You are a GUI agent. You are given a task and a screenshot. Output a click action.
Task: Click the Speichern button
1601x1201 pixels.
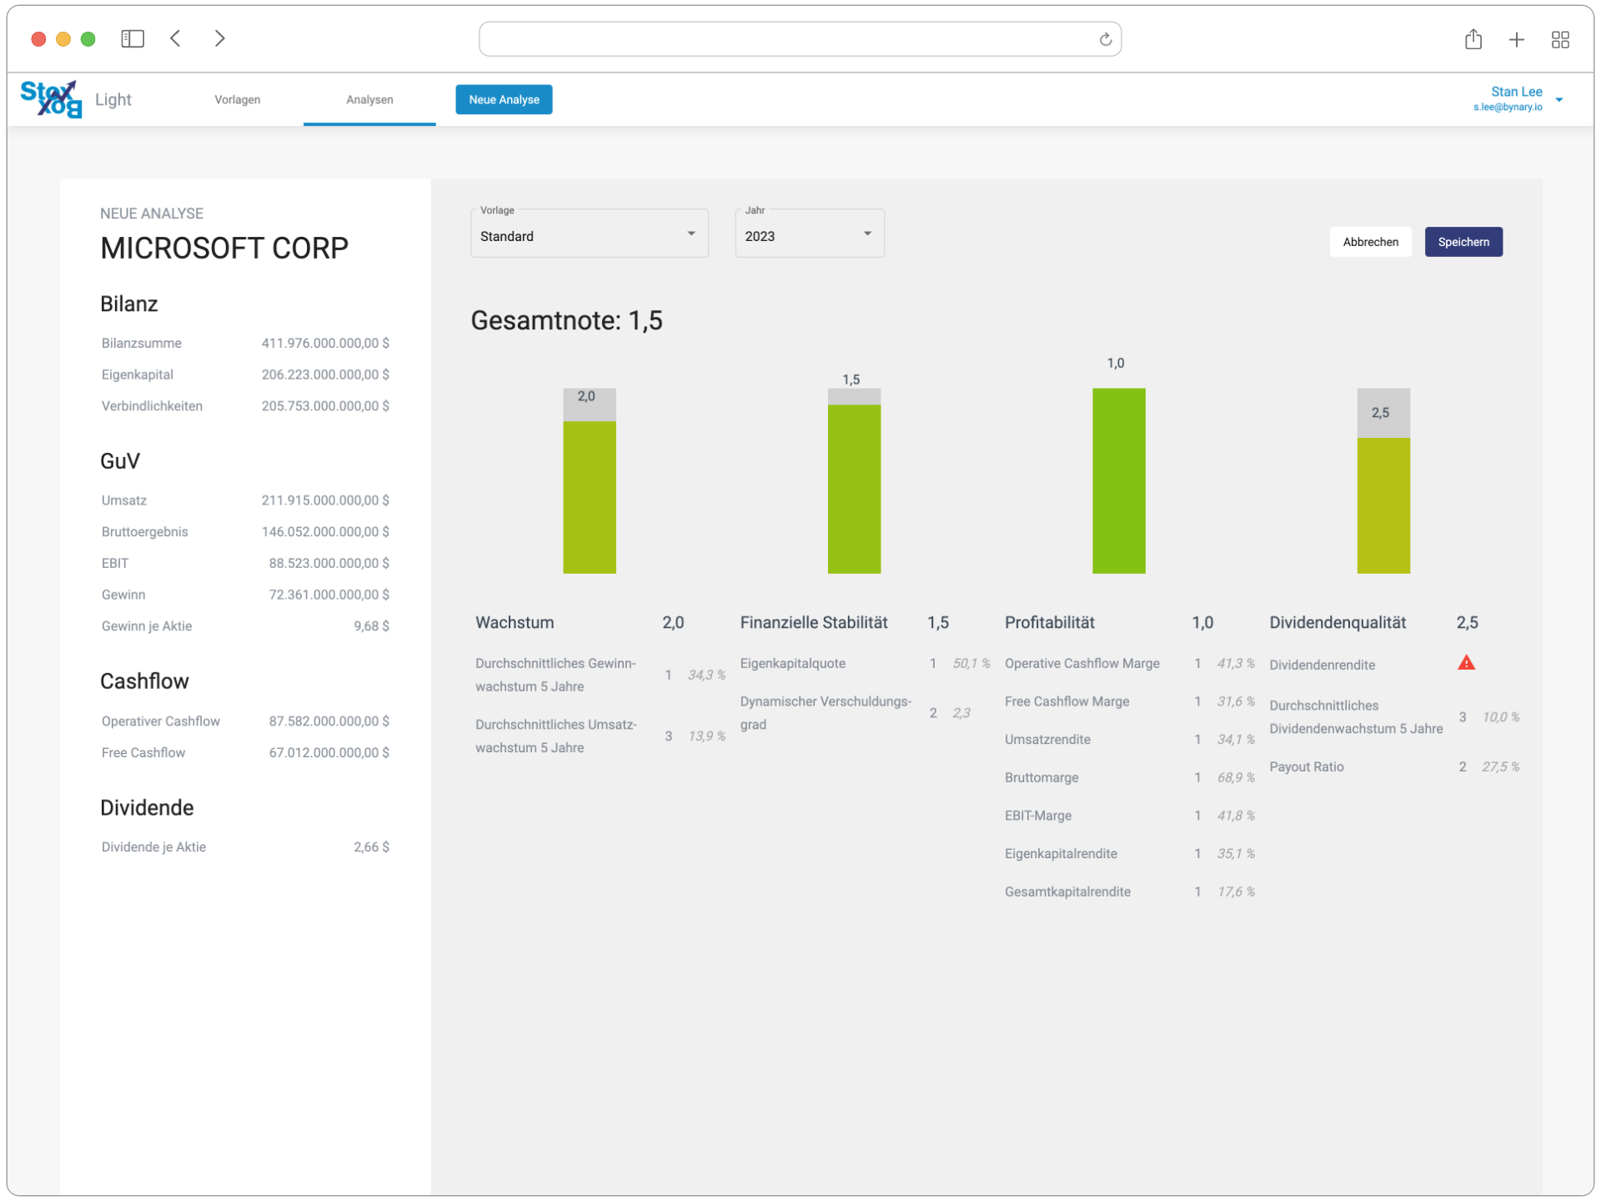coord(1463,242)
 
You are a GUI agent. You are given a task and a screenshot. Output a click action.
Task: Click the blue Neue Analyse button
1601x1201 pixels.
coord(504,99)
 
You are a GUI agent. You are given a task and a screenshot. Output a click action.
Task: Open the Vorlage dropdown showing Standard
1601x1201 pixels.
coord(589,235)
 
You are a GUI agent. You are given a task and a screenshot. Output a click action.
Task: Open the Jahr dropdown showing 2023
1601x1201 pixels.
coord(809,235)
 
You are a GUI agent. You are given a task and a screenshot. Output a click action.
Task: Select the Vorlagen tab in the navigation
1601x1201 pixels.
coord(238,99)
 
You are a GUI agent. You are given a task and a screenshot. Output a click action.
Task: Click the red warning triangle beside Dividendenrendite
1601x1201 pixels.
coord(1466,663)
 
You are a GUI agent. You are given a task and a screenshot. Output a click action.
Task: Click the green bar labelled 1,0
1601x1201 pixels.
coord(1118,480)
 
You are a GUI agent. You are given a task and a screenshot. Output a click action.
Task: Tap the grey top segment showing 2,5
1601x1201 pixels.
coord(1383,413)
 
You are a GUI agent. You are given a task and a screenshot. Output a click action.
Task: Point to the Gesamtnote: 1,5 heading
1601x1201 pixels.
coord(566,320)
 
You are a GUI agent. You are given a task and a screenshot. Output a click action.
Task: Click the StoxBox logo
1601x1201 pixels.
coord(51,99)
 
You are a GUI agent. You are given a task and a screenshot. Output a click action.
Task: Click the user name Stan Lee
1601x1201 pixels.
coord(1516,92)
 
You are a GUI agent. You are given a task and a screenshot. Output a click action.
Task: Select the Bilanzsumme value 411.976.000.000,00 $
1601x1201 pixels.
coord(325,343)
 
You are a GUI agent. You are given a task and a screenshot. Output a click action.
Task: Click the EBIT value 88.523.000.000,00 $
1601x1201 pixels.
coord(329,563)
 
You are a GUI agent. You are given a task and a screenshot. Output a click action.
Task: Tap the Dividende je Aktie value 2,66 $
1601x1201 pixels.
coord(371,847)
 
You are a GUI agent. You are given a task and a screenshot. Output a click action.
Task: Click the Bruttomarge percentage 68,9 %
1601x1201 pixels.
coord(1236,777)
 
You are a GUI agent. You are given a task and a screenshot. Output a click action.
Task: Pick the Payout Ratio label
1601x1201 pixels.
coord(1306,766)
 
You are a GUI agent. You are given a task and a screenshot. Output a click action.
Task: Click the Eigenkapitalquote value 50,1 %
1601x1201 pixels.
coord(971,663)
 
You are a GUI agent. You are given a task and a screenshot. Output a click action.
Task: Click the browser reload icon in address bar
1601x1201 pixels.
coord(1105,39)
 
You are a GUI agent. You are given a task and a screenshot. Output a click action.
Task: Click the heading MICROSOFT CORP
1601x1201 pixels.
coord(224,248)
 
